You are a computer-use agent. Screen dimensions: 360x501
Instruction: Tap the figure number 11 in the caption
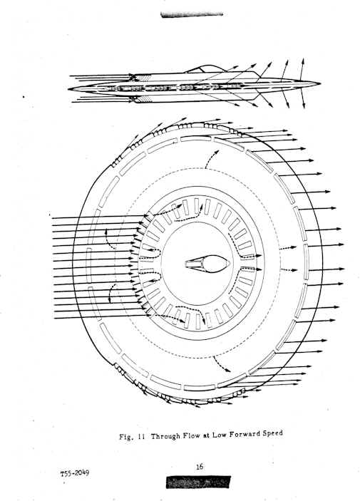click(x=141, y=436)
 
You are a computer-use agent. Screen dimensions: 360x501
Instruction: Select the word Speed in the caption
click(x=273, y=434)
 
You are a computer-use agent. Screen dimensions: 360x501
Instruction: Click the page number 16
click(x=199, y=467)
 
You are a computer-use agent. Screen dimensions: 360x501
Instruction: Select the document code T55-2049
click(x=75, y=473)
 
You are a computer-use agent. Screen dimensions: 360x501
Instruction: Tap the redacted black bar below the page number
click(x=198, y=482)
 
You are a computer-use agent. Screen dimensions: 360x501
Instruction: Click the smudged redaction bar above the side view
click(x=192, y=14)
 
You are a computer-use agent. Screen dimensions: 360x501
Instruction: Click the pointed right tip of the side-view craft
click(x=320, y=83)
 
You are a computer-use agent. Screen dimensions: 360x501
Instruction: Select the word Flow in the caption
click(x=192, y=435)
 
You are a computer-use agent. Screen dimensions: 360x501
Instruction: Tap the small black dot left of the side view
click(x=24, y=96)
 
